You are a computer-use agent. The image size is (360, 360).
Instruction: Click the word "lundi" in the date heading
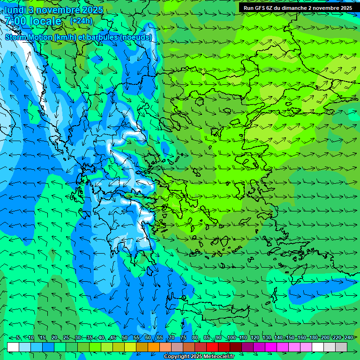[x=15, y=10]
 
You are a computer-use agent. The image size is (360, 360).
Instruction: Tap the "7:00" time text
[x=15, y=21]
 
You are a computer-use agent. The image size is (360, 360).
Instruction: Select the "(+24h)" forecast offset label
[x=82, y=21]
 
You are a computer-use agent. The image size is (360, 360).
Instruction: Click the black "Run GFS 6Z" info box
[x=298, y=8]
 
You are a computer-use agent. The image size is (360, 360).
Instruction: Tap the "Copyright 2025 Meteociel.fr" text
[x=199, y=357]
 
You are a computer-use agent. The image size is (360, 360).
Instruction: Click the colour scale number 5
[x=18, y=338]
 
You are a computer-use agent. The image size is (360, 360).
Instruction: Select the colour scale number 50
[x=125, y=338]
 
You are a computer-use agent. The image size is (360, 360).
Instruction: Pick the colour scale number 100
[x=231, y=338]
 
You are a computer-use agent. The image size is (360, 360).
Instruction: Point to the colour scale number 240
[x=348, y=338]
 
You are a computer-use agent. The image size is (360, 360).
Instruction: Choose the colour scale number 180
[x=313, y=338]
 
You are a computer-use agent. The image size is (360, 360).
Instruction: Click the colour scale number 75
[x=183, y=338]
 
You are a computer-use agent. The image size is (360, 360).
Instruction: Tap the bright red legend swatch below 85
[x=212, y=347]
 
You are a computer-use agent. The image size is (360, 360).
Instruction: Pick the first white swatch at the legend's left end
[x=13, y=347]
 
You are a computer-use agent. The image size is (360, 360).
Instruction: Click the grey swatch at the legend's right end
[x=341, y=347]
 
